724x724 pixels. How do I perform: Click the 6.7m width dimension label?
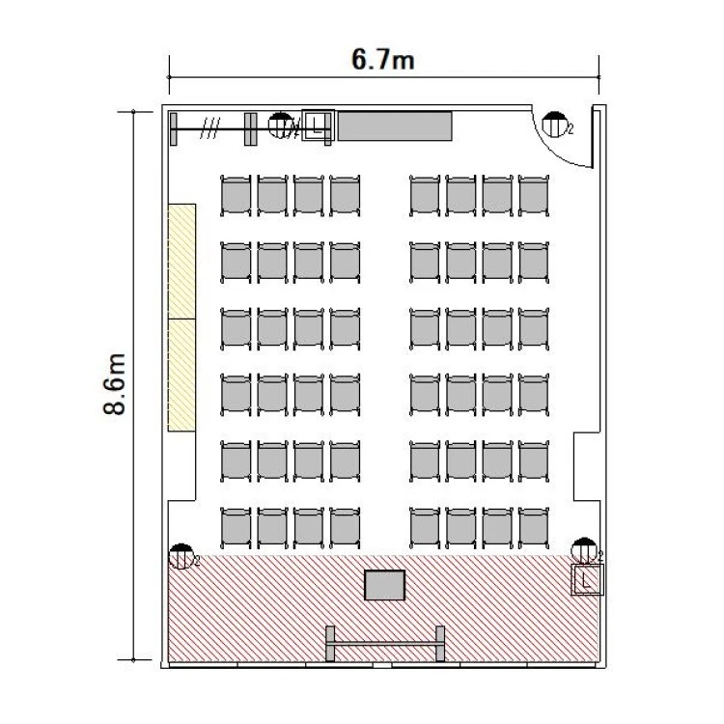[383, 60]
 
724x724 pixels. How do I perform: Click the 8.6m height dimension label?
[114, 384]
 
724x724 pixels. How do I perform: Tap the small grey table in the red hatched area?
[384, 585]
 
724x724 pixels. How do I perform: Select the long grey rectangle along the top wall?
[395, 125]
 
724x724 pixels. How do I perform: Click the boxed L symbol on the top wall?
[318, 125]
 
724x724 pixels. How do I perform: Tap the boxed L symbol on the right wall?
[587, 579]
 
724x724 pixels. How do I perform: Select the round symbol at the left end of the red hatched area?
[181, 556]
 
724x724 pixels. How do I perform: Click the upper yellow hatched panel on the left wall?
[181, 262]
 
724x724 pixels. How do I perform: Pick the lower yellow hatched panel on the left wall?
[181, 376]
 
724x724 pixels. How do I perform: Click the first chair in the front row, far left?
[236, 528]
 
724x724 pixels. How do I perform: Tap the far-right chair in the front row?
[534, 528]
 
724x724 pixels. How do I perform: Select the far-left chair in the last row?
[236, 196]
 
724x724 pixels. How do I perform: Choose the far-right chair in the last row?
[534, 196]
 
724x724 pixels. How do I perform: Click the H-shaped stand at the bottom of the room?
[385, 643]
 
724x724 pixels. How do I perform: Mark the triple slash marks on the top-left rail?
[210, 128]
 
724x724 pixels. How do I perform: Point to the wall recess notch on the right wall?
[586, 466]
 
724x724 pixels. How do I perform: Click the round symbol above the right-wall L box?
[584, 550]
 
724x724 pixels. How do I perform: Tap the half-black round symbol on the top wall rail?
[281, 125]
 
